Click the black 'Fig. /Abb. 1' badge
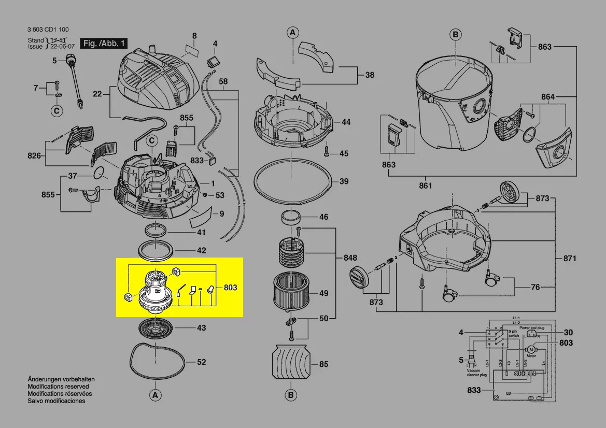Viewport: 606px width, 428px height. (103, 44)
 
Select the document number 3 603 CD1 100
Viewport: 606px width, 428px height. (48, 30)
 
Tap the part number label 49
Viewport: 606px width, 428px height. (323, 293)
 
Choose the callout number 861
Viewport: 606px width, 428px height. (425, 186)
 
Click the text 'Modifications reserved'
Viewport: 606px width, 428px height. (58, 387)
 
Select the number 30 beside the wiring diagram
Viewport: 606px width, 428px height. (568, 333)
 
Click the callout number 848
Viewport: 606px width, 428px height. (350, 258)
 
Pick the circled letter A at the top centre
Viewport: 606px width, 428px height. (292, 33)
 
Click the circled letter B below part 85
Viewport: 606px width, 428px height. (291, 395)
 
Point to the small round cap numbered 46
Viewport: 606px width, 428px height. (291, 217)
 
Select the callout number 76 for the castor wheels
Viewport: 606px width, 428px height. (535, 288)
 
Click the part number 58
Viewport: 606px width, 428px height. (223, 81)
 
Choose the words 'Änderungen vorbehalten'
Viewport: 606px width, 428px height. (61, 379)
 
